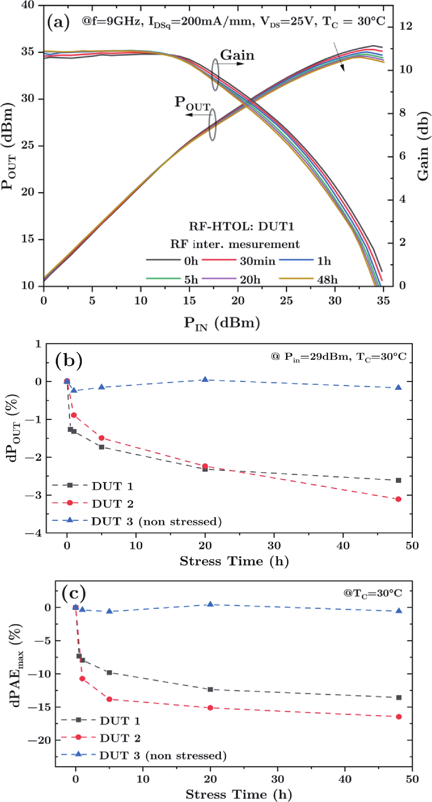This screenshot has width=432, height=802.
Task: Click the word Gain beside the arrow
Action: point(237,55)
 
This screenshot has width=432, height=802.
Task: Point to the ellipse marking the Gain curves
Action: point(215,75)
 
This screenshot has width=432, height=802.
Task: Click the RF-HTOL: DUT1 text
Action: point(241,226)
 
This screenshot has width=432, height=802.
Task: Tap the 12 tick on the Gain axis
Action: point(405,26)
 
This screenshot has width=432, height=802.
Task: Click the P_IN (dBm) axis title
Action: point(222,323)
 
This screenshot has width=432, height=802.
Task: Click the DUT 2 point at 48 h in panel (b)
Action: point(398,499)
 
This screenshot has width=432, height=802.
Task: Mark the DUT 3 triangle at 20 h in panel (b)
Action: point(205,380)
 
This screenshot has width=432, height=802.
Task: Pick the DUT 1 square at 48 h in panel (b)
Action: point(398,480)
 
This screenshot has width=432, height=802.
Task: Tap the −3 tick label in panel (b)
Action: point(34,495)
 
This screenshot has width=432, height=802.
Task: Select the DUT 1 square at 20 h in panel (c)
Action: point(210,690)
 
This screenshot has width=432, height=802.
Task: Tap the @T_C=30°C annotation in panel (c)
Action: point(372,593)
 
